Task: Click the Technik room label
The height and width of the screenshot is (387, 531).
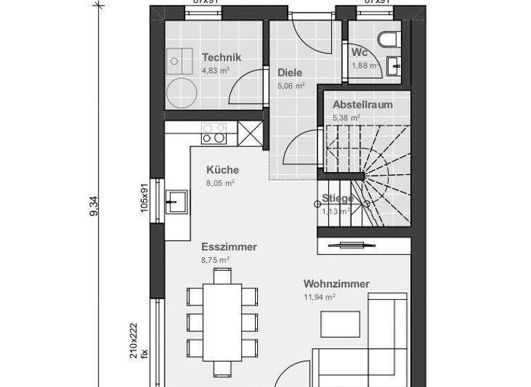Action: pyautogui.click(x=221, y=57)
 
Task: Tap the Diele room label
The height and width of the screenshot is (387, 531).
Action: pyautogui.click(x=290, y=72)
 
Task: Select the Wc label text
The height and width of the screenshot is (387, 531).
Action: pyautogui.click(x=359, y=53)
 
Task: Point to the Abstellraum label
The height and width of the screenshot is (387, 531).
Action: pyautogui.click(x=362, y=105)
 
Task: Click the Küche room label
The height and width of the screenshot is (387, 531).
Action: pyautogui.click(x=223, y=170)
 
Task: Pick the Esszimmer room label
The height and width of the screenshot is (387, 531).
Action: pyautogui.click(x=229, y=247)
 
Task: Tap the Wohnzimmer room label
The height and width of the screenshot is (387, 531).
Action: pyautogui.click(x=336, y=284)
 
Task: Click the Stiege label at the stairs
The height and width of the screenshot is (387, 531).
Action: pyautogui.click(x=338, y=199)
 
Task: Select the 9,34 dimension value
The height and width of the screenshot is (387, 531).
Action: pyautogui.click(x=94, y=206)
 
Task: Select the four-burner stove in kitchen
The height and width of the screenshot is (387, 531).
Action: pyautogui.click(x=214, y=132)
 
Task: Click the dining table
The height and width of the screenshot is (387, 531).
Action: pyautogui.click(x=223, y=320)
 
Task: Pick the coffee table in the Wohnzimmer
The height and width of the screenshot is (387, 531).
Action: pyautogui.click(x=340, y=324)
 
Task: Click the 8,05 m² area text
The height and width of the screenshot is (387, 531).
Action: pyautogui.click(x=220, y=183)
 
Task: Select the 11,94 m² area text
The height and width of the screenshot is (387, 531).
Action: pyautogui.click(x=319, y=297)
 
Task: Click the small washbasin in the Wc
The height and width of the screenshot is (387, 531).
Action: pyautogui.click(x=395, y=66)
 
